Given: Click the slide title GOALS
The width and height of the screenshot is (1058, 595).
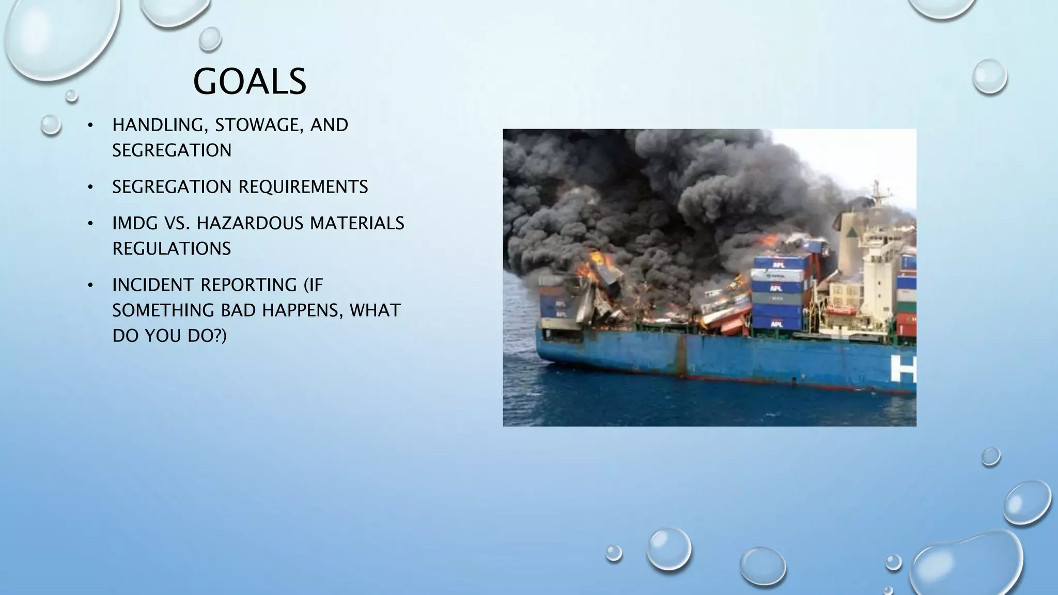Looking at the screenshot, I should (250, 82).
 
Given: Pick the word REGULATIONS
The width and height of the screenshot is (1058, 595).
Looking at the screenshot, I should (172, 248).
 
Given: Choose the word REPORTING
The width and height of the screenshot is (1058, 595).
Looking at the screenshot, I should (248, 285).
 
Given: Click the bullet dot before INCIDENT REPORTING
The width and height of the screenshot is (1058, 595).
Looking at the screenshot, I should (90, 285).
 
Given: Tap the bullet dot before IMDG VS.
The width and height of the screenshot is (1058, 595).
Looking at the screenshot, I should (90, 224).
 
